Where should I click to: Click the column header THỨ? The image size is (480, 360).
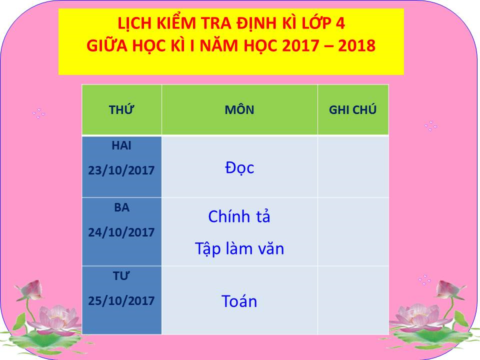(x=121, y=109)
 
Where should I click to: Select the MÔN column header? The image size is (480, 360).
(x=239, y=109)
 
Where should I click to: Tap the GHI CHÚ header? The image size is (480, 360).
(x=352, y=109)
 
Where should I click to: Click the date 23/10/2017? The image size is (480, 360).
(x=121, y=170)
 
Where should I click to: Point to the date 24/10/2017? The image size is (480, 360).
(x=121, y=232)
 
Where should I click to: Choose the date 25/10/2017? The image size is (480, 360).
(x=121, y=300)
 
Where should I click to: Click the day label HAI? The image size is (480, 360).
(x=121, y=145)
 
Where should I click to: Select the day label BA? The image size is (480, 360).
(x=121, y=207)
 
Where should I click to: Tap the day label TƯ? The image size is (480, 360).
(x=121, y=275)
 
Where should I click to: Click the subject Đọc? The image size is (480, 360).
(x=239, y=168)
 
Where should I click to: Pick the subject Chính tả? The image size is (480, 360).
(x=239, y=216)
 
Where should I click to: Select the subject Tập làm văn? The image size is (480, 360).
(x=239, y=248)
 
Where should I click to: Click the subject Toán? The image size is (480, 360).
(x=239, y=301)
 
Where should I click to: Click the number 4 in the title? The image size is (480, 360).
(x=340, y=23)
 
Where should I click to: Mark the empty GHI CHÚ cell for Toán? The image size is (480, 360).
(x=353, y=300)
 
